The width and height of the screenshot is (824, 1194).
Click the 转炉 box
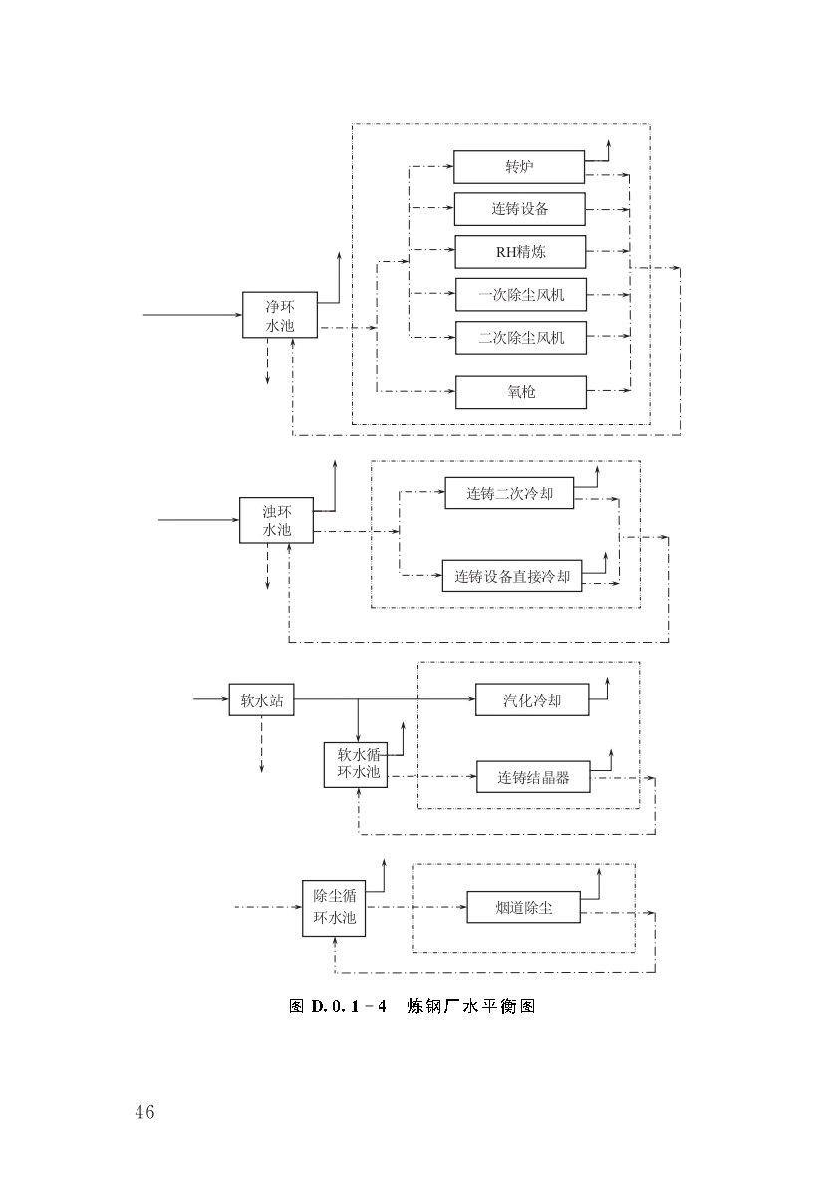[x=519, y=167]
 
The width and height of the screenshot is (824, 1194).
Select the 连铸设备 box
[x=519, y=209]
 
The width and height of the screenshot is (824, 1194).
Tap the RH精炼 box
[x=520, y=252]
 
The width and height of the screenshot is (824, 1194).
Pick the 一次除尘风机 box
[x=520, y=295]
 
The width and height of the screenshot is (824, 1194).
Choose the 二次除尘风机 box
[x=520, y=337]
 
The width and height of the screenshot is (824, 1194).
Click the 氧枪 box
[x=520, y=391]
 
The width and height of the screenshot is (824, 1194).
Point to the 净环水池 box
[x=280, y=315]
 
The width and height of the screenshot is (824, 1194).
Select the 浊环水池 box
[x=276, y=520]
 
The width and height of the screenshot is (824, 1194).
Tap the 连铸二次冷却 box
[x=509, y=493]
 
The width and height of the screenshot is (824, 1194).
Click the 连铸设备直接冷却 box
[x=512, y=576]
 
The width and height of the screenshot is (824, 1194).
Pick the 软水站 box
[x=261, y=700]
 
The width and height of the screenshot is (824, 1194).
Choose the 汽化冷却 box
[x=532, y=700]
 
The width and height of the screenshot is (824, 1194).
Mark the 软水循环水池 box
[x=356, y=763]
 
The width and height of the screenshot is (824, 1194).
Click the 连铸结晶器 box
[x=533, y=777]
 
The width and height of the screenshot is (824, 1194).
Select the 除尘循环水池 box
[x=334, y=907]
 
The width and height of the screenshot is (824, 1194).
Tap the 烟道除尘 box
[x=523, y=907]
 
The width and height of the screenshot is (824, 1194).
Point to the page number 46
[x=144, y=1112]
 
